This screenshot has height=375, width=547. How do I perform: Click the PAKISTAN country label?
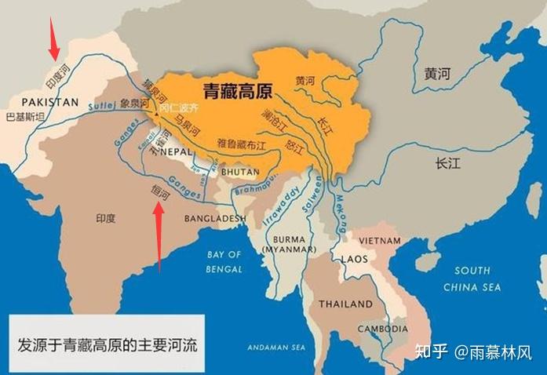50,102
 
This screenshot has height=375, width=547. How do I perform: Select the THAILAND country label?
345,304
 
